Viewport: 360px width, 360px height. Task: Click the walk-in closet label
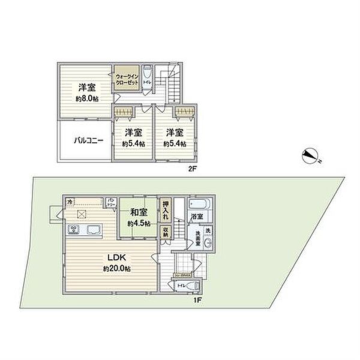(x=127, y=80)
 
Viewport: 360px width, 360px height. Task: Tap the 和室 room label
(x=139, y=211)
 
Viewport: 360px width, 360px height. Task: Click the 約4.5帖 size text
(x=139, y=223)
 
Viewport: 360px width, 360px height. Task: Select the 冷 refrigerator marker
(x=71, y=201)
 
